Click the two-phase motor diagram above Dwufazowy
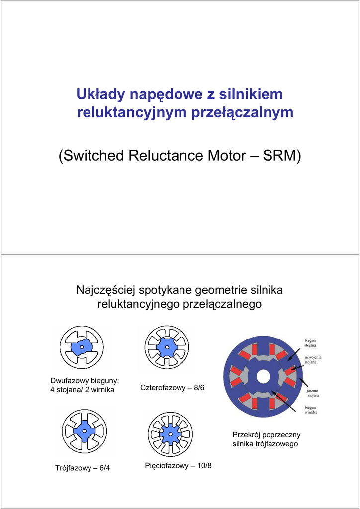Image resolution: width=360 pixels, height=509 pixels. click(x=82, y=347)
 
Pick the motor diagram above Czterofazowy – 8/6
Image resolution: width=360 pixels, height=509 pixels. click(x=167, y=347)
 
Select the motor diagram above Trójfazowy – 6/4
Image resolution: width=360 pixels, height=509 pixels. click(x=84, y=431)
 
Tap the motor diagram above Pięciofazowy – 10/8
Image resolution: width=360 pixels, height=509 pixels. click(x=170, y=434)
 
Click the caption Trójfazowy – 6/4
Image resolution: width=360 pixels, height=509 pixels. click(x=82, y=468)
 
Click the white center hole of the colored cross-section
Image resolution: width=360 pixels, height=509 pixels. click(x=263, y=377)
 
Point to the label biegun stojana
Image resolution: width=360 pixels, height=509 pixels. click(x=312, y=343)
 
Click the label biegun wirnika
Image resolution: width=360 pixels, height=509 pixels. click(x=311, y=409)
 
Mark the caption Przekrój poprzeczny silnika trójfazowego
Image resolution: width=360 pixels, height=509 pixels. click(x=266, y=439)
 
